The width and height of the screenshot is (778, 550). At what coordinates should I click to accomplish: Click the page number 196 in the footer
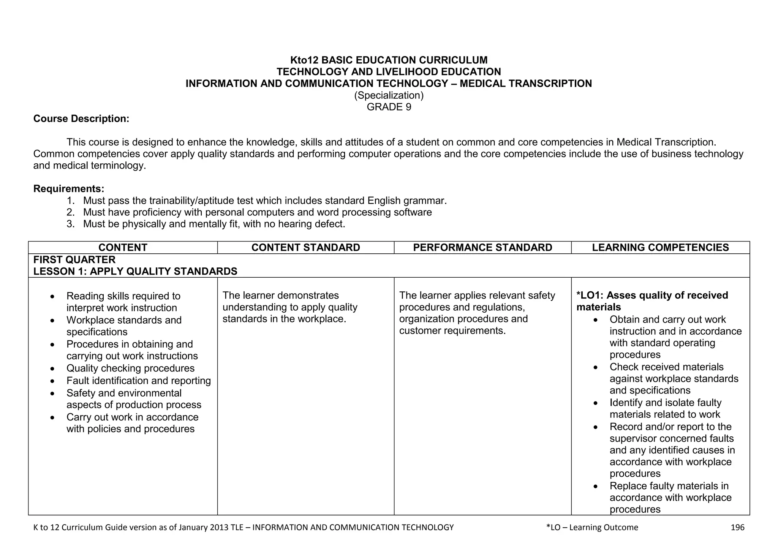pos(737,527)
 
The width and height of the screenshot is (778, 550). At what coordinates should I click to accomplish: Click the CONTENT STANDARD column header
pos(305,248)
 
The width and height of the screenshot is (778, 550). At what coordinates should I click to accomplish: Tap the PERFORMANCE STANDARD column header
pos(482,248)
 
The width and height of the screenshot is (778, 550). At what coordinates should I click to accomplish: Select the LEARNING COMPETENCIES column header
pos(660,248)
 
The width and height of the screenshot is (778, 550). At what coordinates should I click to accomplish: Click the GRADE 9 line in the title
pos(389,107)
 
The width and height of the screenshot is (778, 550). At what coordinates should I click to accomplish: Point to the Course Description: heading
pos(81,119)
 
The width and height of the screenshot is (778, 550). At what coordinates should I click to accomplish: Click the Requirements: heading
pos(69,189)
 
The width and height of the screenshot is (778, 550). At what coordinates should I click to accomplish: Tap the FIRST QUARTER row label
pos(74,260)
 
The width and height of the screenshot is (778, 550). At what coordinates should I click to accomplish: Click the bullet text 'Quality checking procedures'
pos(130,368)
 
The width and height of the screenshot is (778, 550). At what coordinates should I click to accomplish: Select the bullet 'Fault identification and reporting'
pos(139,381)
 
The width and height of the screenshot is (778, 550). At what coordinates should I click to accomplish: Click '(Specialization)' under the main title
pos(389,95)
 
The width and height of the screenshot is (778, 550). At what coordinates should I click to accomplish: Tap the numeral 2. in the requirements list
pos(71,212)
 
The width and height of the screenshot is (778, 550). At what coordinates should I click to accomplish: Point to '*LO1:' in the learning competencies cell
pos(590,296)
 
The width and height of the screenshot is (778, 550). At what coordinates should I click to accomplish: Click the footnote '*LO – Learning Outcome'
pos(592,527)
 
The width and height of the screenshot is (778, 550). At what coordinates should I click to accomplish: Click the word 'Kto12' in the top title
pos(305,60)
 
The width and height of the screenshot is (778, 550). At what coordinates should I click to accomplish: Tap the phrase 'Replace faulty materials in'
pos(669,486)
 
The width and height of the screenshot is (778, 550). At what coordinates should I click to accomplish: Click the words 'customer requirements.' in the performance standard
pos(452,331)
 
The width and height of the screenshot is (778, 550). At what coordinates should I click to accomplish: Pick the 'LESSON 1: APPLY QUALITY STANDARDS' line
pos(135,272)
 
